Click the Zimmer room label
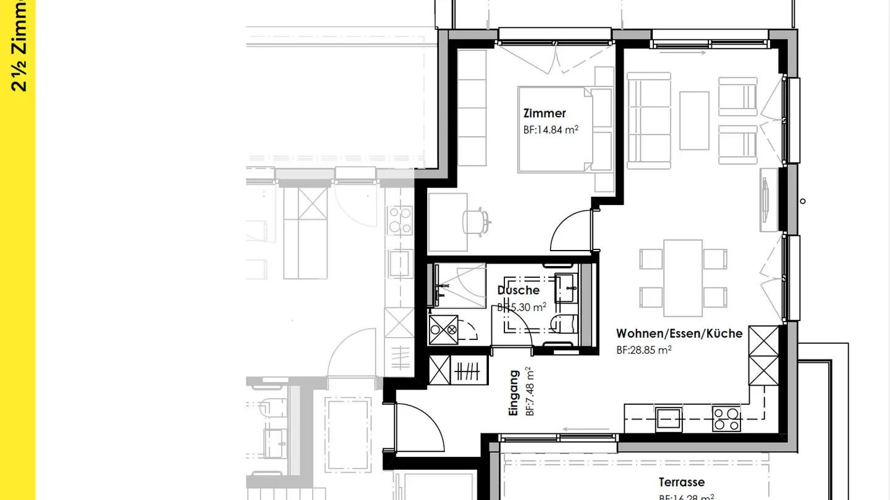pos(545,114)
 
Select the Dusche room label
pos(518,290)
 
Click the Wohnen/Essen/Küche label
pos(679,333)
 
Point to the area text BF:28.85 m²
pos(643,349)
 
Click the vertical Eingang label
pos(514,393)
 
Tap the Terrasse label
pos(681,482)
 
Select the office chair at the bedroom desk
pos(475,220)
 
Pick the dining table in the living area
pos(683,277)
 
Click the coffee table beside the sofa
pos(694,120)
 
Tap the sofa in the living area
pos(649,120)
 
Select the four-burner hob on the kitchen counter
pos(726,419)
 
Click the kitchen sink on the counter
pos(669,418)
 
